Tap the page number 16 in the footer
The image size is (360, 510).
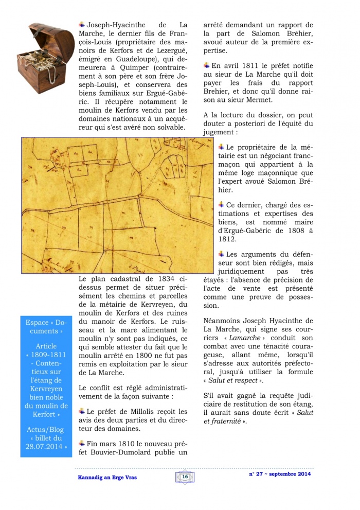(x=185, y=477)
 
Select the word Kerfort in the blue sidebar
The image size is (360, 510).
(x=44, y=413)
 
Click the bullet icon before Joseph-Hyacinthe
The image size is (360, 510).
(x=82, y=24)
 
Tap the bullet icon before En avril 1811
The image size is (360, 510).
(x=207, y=65)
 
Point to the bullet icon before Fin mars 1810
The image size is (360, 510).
(x=82, y=443)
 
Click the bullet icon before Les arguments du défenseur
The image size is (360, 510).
(x=221, y=254)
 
